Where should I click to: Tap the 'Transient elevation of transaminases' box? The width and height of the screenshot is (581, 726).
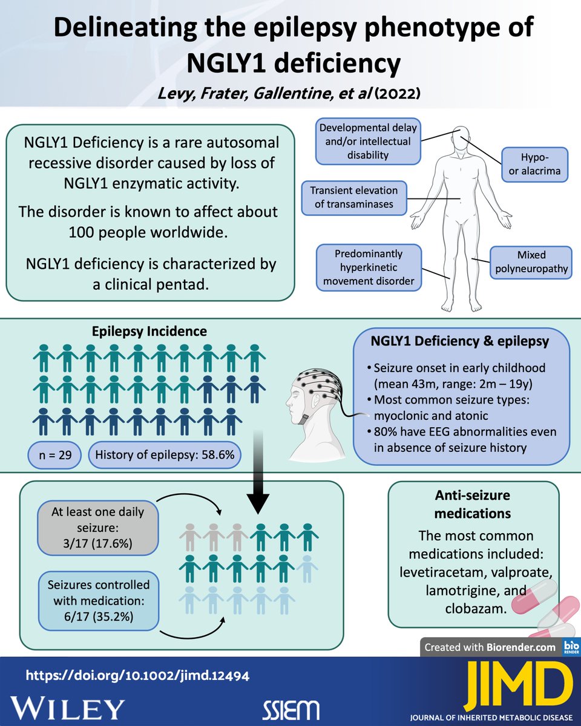pyautogui.click(x=354, y=197)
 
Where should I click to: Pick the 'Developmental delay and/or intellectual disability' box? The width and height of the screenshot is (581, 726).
pyautogui.click(x=368, y=142)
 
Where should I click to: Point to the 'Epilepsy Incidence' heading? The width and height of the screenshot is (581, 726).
pyautogui.click(x=149, y=331)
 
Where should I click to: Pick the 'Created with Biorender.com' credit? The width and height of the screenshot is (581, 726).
pyautogui.click(x=490, y=647)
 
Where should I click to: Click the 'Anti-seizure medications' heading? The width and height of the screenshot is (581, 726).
pyautogui.click(x=473, y=505)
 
